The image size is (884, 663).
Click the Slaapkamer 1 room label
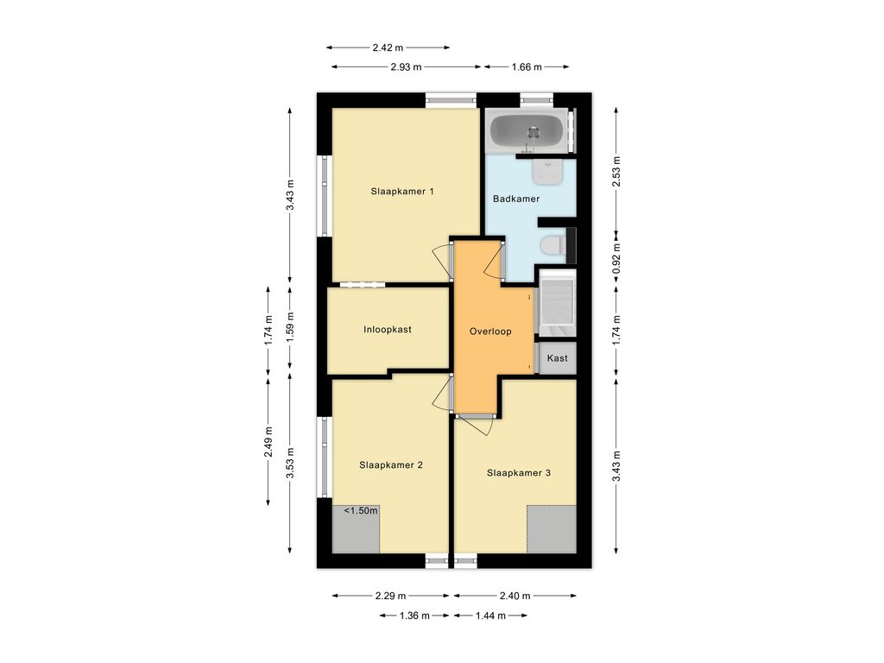[402, 191]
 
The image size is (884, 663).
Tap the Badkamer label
[516, 199]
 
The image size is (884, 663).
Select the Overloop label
[490, 331]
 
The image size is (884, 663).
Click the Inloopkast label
[388, 330]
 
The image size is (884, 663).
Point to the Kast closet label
[557, 358]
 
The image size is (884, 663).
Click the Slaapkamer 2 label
[391, 465]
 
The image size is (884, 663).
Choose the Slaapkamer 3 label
[519, 473]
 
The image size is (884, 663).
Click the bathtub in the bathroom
[526, 131]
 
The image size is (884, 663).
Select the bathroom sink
[547, 171]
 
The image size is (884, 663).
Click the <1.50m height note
[361, 511]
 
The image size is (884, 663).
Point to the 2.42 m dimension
[388, 48]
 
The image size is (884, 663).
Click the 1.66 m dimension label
[527, 67]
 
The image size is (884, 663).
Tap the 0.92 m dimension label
[616, 257]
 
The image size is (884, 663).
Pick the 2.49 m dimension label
[268, 441]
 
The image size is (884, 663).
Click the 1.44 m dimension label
[491, 616]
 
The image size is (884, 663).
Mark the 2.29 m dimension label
[391, 596]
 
